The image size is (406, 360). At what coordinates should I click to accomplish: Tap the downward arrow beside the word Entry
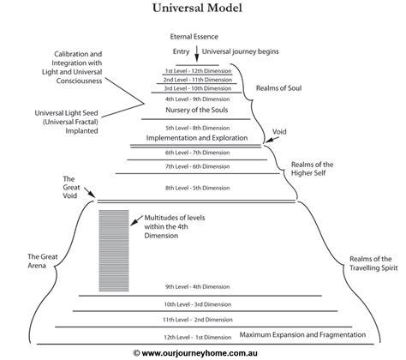coord(199,53)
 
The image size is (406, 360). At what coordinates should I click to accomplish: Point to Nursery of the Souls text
coord(195,111)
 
